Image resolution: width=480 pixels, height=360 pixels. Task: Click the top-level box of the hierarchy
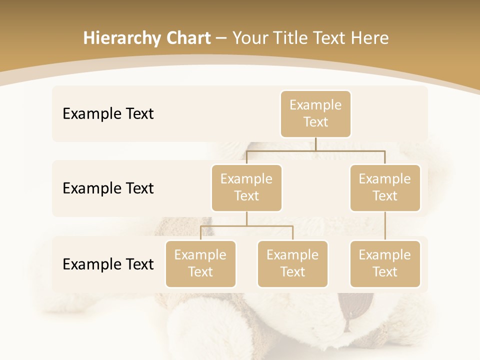315,113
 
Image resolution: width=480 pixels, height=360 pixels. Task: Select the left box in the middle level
246,187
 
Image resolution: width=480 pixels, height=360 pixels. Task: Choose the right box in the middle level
385,187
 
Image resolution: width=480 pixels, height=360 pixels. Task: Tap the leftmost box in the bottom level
200,263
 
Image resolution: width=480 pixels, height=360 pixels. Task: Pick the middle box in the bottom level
292,263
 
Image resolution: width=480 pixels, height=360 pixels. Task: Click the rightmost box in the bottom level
385,263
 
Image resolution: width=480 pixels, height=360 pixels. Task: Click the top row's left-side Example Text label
108,113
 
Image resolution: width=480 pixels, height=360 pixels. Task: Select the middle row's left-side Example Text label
108,188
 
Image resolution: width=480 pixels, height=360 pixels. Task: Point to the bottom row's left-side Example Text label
108,264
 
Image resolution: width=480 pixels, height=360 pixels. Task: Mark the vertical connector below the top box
315,144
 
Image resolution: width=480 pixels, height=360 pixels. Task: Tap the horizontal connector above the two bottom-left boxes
246,226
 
